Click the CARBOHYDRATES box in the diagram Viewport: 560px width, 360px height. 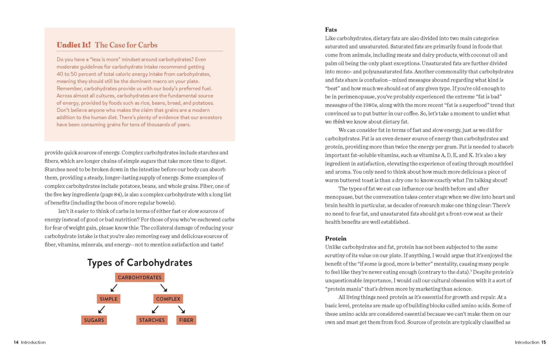pyautogui.click(x=139, y=277)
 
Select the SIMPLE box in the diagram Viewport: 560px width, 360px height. pyautogui.click(x=108, y=299)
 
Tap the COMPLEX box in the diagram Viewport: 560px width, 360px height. pyautogui.click(x=168, y=299)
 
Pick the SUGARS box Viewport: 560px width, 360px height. pyautogui.click(x=94, y=320)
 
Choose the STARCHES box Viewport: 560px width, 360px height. pyautogui.click(x=152, y=320)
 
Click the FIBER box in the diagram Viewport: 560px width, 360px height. pyautogui.click(x=186, y=320)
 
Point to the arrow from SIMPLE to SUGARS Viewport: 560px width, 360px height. pyautogui.click(x=102, y=310)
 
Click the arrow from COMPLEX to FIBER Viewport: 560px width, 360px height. pyautogui.click(x=182, y=310)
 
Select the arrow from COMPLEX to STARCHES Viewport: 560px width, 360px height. pyautogui.click(x=155, y=310)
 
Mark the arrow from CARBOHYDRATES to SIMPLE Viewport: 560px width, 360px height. pyautogui.click(x=114, y=288)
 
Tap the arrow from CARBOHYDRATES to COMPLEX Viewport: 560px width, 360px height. pyautogui.click(x=164, y=288)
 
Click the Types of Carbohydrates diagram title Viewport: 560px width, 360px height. pyautogui.click(x=140, y=263)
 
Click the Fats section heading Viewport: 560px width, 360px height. pyautogui.click(x=331, y=30)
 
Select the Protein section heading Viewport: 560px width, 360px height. pyautogui.click(x=335, y=239)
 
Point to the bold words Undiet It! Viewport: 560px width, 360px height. pyautogui.click(x=74, y=45)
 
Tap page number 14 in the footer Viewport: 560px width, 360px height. pyautogui.click(x=16, y=342)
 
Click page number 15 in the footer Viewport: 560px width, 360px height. pyautogui.click(x=543, y=342)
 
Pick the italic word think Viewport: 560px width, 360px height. pyautogui.click(x=339, y=122)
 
